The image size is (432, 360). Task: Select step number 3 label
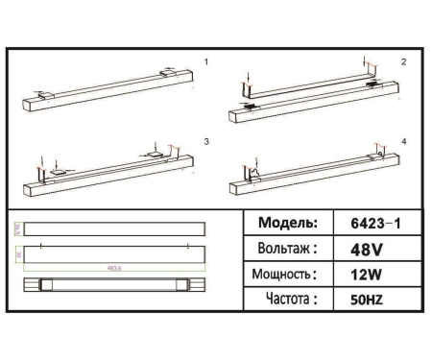click(205, 141)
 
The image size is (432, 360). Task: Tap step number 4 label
click(403, 141)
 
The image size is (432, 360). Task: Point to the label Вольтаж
click(285, 248)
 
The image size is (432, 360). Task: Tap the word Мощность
click(286, 274)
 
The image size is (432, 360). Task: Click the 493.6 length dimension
click(112, 267)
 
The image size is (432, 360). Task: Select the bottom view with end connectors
click(113, 285)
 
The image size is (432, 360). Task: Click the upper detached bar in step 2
click(307, 84)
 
